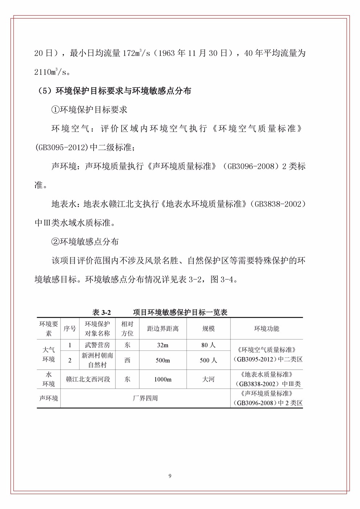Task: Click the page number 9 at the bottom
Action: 170,476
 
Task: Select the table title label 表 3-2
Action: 102,312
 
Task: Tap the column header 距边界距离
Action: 163,329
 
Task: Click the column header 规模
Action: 208,329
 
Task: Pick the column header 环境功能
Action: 266,329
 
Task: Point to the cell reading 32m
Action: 163,345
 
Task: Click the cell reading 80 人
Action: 208,345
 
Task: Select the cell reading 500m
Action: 163,360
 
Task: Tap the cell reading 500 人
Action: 208,360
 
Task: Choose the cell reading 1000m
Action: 163,379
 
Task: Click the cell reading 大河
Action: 208,379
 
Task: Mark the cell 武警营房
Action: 97,345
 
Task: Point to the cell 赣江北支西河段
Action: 88,379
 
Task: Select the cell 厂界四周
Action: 145,398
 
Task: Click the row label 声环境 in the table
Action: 48,398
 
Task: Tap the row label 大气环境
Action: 48,354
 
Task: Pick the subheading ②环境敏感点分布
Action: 85,242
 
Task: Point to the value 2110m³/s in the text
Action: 50,72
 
